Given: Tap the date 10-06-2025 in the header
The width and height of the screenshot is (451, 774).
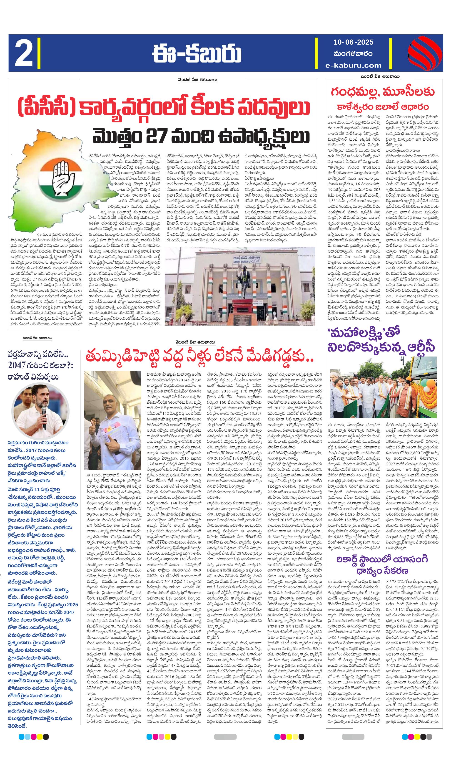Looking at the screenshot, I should (x=354, y=42).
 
